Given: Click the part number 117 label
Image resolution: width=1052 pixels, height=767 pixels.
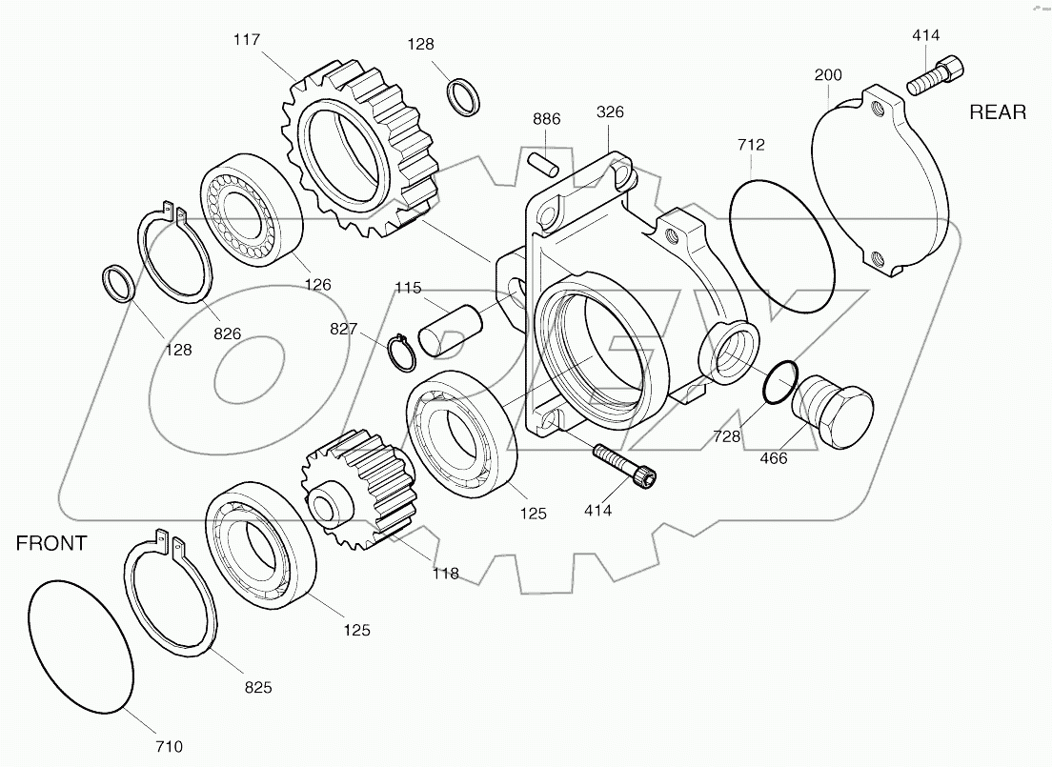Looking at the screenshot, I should tap(247, 40).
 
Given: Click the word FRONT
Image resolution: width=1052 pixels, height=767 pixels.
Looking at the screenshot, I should tap(51, 544).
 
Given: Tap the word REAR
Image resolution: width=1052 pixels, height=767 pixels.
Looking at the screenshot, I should tap(998, 112).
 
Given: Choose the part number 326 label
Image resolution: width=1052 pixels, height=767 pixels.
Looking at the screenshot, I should tap(610, 112).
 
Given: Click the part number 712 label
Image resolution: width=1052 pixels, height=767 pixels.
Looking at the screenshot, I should tap(750, 145).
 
